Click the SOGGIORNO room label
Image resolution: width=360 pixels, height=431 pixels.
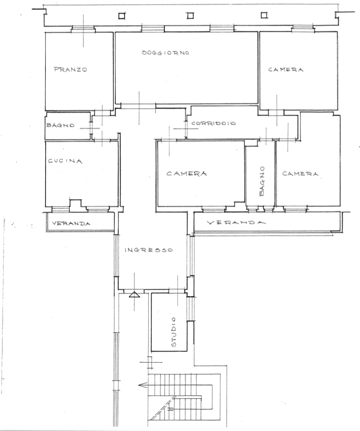[x=165, y=52]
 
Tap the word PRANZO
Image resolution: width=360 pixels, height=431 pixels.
[x=70, y=69]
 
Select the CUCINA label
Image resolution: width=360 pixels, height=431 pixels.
[x=65, y=161]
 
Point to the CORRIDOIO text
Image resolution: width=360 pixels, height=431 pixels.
[x=214, y=123]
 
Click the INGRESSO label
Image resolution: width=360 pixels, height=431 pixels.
[x=149, y=250]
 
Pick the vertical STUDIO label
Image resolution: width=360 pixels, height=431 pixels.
[x=173, y=332]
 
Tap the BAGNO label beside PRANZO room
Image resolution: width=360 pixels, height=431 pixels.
[x=60, y=125]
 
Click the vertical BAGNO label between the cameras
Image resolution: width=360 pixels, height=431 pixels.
[x=261, y=181]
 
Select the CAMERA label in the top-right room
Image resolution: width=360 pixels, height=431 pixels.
[x=286, y=70]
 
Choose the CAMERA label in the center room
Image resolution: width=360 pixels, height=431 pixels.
[x=187, y=174]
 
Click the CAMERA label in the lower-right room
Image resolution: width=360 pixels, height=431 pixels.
[x=300, y=174]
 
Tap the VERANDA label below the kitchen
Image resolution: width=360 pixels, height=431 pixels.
[x=71, y=223]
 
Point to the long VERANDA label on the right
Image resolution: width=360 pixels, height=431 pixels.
[x=236, y=222]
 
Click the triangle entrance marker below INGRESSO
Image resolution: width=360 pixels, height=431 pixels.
[x=134, y=295]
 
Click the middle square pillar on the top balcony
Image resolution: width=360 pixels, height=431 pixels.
[x=190, y=16]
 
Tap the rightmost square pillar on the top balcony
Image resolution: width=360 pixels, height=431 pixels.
[x=264, y=16]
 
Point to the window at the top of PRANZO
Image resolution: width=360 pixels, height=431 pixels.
[x=83, y=29]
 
